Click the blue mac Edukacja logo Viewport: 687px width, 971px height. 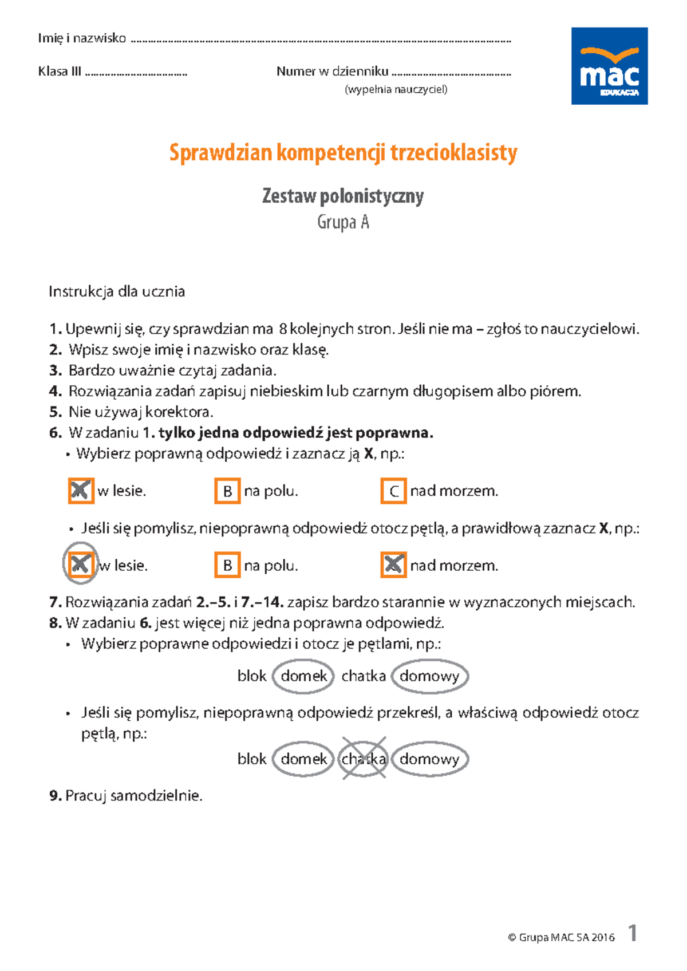(609, 66)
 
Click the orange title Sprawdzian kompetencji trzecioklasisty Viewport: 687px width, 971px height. (343, 153)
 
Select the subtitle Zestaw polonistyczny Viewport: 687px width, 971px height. (343, 196)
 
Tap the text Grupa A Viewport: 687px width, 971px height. (343, 222)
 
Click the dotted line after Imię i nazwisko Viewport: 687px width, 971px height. (321, 41)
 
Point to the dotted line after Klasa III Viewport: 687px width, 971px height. (136, 74)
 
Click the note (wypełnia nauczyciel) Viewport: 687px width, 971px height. (396, 89)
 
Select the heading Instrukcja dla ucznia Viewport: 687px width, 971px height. (117, 292)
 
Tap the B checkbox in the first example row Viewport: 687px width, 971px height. (227, 491)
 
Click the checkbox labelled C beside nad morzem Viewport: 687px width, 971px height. (393, 491)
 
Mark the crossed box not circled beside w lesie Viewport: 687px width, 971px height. (81, 491)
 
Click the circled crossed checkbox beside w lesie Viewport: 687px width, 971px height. (80, 565)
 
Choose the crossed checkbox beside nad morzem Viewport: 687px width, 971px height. (393, 565)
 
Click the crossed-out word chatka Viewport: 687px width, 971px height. (364, 759)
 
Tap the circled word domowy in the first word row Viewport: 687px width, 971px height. (429, 676)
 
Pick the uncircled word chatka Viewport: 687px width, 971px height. (364, 676)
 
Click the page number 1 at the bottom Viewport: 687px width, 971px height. (632, 933)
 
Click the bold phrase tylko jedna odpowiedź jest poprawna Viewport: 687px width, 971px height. (295, 433)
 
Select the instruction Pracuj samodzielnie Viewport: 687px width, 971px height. (133, 796)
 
